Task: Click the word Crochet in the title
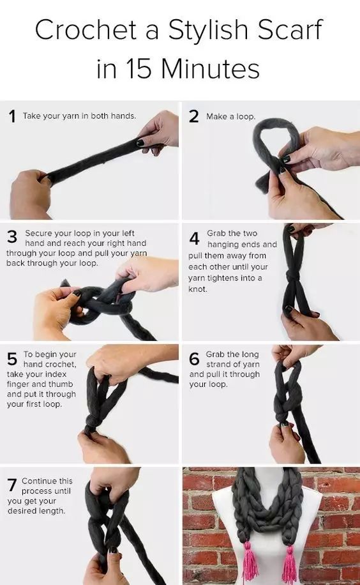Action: point(86,30)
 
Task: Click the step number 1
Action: point(12,116)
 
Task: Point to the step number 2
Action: point(194,116)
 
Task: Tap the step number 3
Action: point(12,236)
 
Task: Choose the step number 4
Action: point(195,238)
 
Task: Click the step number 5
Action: point(12,359)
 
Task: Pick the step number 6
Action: point(195,358)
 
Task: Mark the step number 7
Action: point(12,485)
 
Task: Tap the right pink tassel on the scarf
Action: point(290,564)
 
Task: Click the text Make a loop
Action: point(231,116)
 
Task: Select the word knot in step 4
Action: point(197,289)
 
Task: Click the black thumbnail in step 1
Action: point(140,142)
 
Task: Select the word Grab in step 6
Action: point(215,354)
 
